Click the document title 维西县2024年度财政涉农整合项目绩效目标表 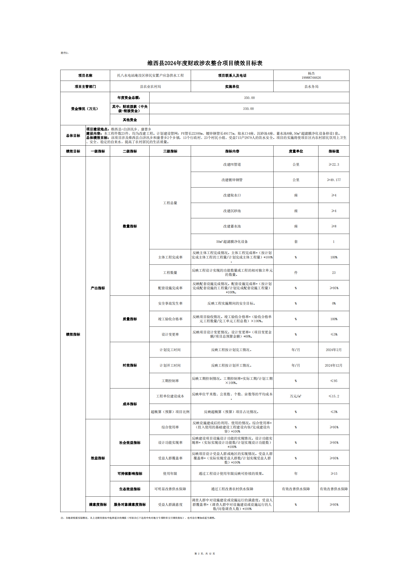(205, 63)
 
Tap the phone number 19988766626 (311, 78)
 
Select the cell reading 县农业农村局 (150, 86)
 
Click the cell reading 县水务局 (311, 86)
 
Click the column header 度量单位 (296, 151)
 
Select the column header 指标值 (333, 151)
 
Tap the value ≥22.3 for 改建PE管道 (333, 164)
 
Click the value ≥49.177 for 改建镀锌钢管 (333, 180)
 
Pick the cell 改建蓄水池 (232, 226)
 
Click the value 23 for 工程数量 (333, 273)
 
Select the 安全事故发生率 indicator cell (170, 303)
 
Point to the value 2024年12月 (333, 365)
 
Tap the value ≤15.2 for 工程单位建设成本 (333, 396)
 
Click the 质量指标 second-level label (129, 319)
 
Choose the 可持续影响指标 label (129, 473)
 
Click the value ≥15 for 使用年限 (333, 473)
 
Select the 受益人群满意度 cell (170, 505)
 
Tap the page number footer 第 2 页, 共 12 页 (205, 553)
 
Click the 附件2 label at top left (64, 53)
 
